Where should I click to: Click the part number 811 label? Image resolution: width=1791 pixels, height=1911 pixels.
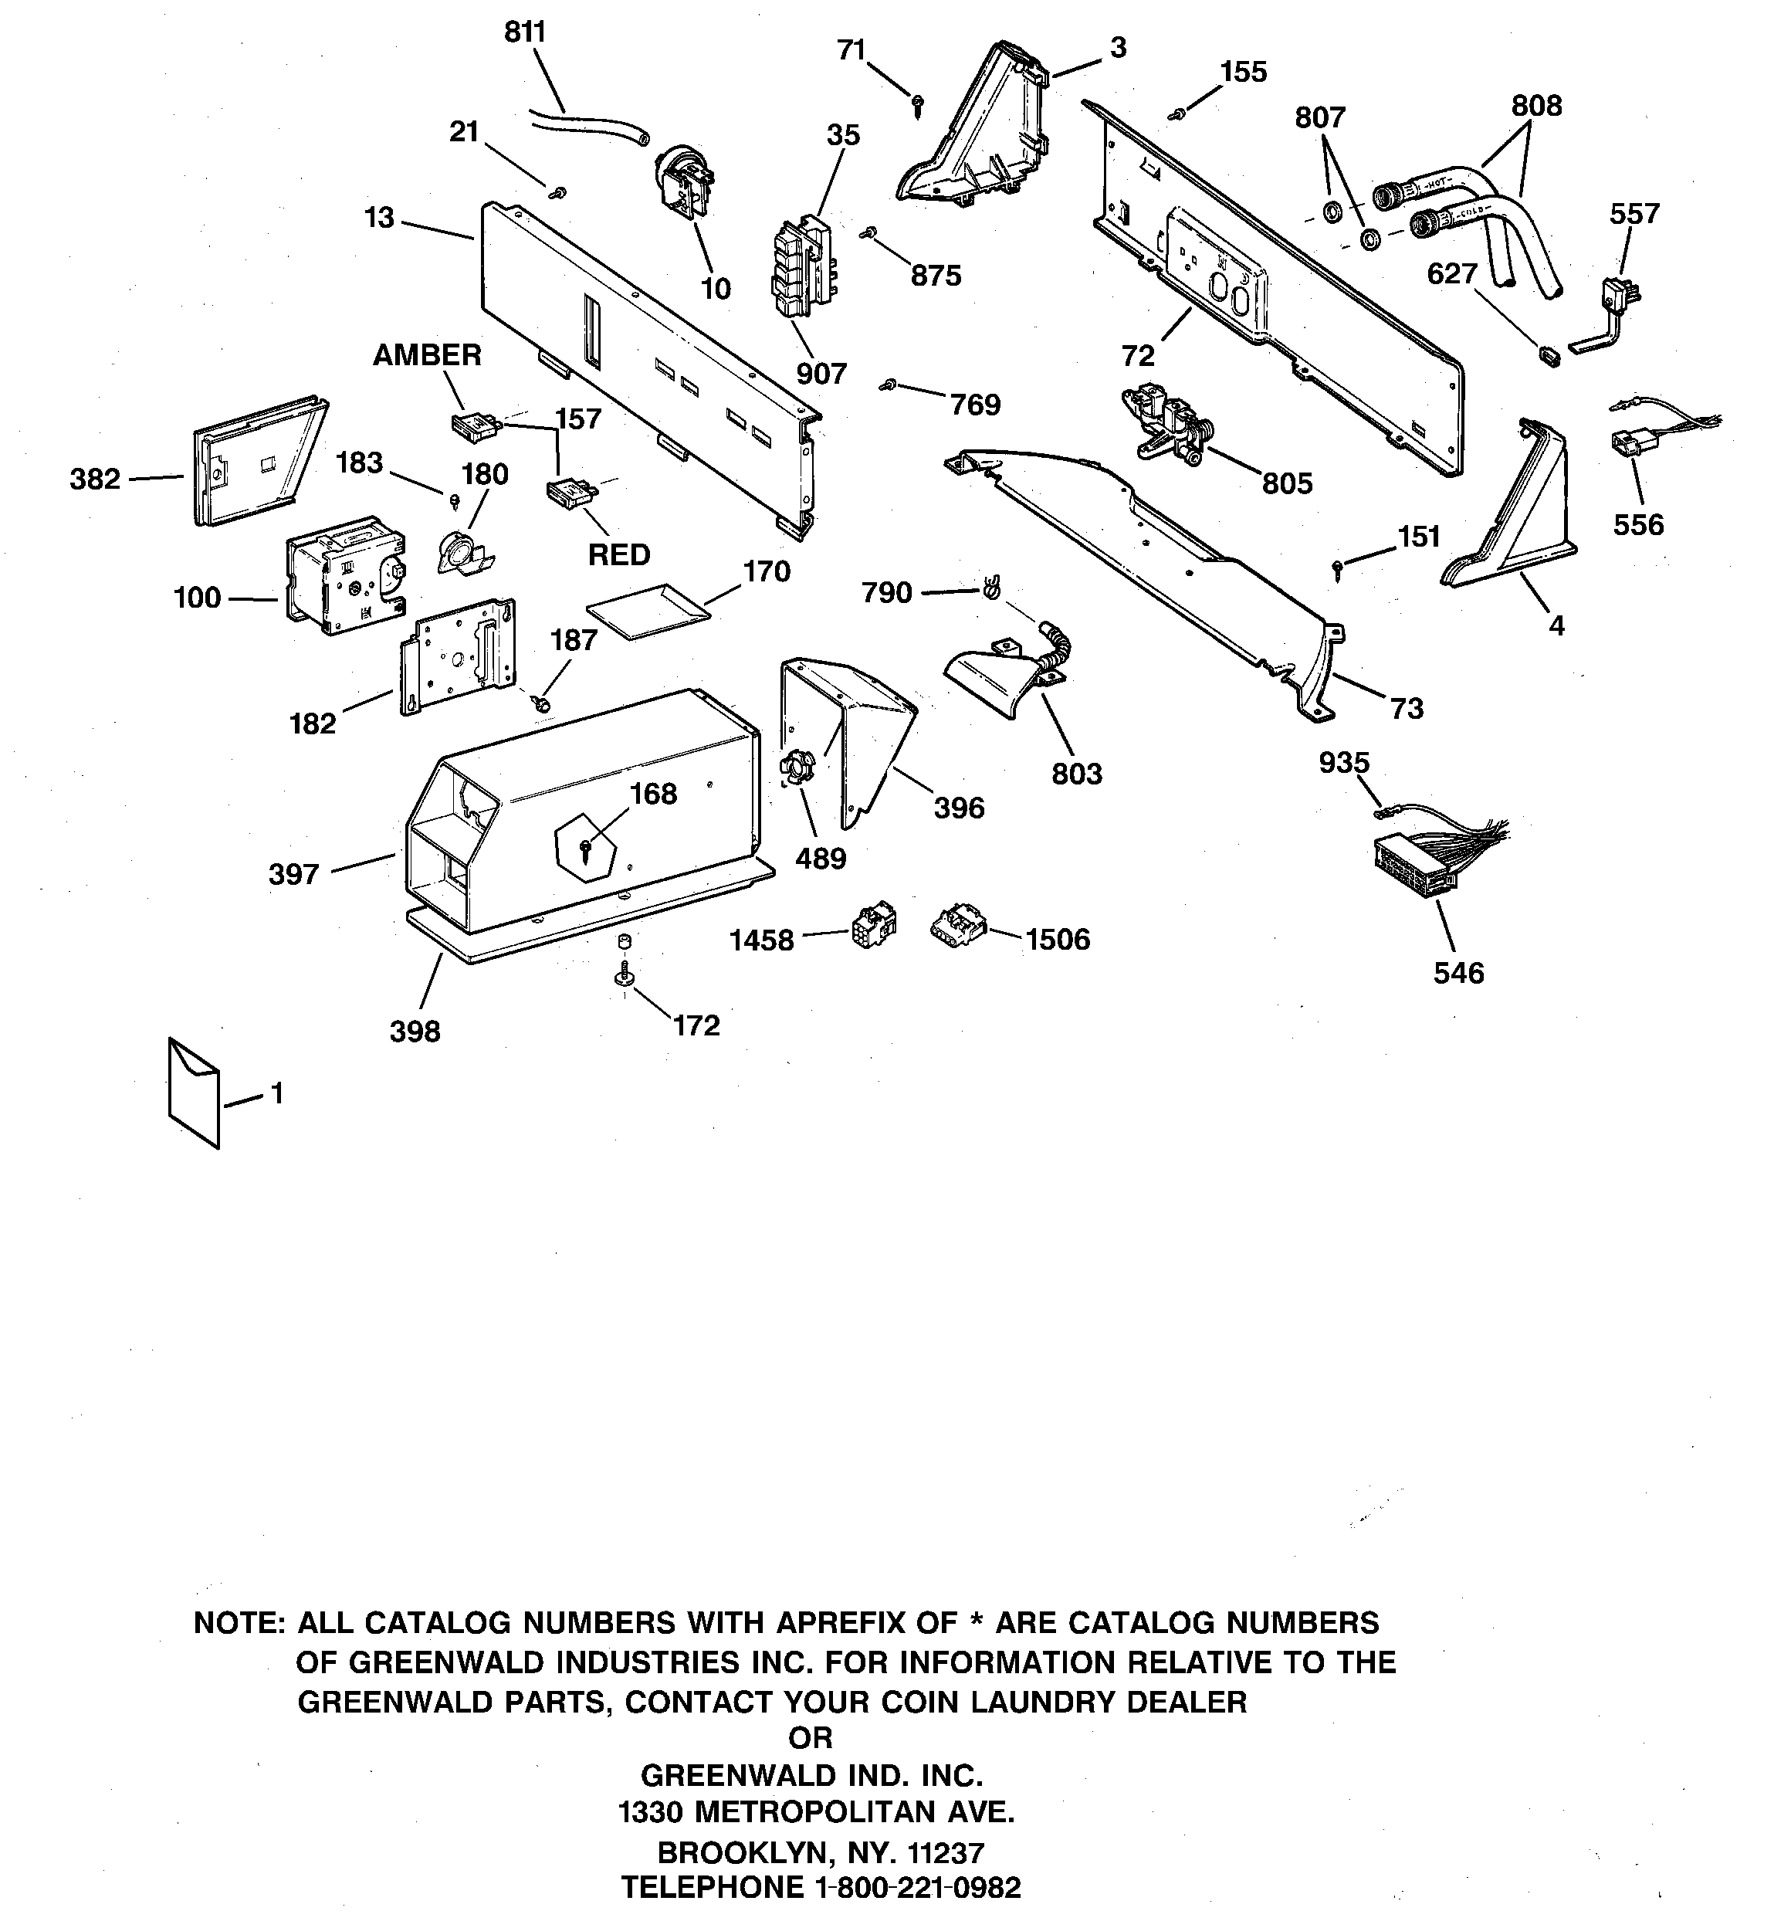coord(525,32)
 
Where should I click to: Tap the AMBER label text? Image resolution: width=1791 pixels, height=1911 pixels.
coord(427,354)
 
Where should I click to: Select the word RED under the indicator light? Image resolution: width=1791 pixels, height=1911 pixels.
coord(619,554)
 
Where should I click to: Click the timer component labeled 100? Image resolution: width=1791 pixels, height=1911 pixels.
coord(344,574)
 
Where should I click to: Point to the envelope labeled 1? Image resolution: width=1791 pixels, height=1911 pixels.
coord(193,1093)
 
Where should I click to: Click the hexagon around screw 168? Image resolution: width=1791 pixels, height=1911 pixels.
coord(587,842)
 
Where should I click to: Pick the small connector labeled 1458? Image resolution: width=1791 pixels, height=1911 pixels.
coord(872,925)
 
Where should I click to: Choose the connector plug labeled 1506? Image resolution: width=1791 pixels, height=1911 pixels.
coord(956,927)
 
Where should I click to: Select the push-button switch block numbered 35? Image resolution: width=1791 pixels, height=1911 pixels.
coord(803,266)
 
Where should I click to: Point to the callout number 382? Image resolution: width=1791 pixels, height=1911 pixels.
coord(95,479)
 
